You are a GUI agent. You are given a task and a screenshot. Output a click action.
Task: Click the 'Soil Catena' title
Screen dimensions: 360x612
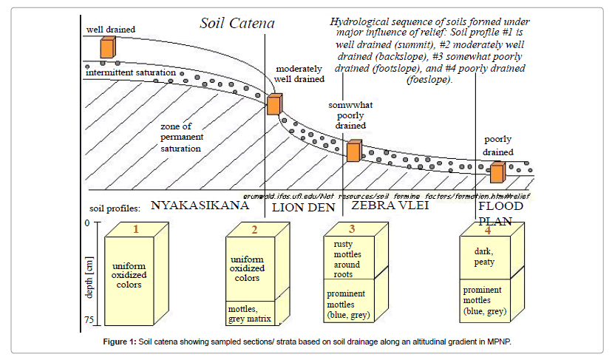[237, 24]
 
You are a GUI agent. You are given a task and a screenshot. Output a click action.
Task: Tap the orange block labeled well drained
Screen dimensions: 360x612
[108, 47]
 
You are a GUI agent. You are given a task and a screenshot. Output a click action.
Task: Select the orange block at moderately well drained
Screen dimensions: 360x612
[274, 104]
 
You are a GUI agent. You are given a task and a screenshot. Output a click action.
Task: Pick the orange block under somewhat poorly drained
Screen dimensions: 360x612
[354, 151]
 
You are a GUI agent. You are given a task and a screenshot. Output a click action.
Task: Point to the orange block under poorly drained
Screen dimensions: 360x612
[497, 172]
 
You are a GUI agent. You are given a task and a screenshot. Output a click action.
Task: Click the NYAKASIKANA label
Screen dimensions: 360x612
[200, 206]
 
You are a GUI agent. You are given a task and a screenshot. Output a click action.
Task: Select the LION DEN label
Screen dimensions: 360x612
[304, 208]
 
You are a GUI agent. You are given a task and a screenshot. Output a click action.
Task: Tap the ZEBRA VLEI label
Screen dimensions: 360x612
[390, 206]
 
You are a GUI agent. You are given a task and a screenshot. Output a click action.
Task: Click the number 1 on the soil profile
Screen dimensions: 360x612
[136, 229]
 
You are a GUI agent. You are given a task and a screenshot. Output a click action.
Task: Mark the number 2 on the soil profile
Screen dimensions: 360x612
[254, 229]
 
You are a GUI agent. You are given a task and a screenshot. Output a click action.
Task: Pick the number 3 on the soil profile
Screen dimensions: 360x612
[352, 229]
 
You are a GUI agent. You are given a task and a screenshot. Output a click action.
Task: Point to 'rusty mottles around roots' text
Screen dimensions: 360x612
[347, 259]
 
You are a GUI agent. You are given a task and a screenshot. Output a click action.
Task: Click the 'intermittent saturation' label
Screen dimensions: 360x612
[130, 73]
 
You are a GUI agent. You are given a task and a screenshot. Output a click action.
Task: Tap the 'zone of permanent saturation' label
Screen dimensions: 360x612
[181, 137]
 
